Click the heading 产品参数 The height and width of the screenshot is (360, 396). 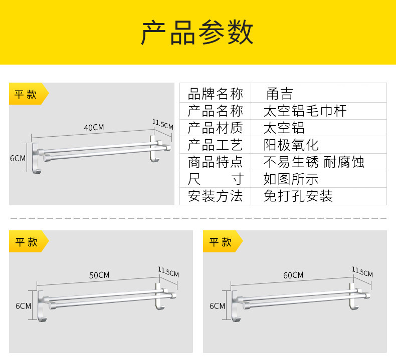pyautogui.click(x=197, y=33)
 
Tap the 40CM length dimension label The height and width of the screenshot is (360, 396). pyautogui.click(x=94, y=127)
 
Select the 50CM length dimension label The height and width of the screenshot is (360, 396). pyautogui.click(x=99, y=275)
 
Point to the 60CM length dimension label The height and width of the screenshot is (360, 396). pyautogui.click(x=293, y=275)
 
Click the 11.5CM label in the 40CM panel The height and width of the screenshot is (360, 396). pyautogui.click(x=163, y=124)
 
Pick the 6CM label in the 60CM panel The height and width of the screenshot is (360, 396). pyautogui.click(x=217, y=305)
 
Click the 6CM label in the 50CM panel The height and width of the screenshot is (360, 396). pyautogui.click(x=23, y=305)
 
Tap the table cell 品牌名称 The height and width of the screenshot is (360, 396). pyautogui.click(x=215, y=94)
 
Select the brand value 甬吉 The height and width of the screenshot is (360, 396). pyautogui.click(x=279, y=94)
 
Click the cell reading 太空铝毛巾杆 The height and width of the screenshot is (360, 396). pyautogui.click(x=305, y=111)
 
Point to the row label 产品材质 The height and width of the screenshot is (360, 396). pyautogui.click(x=215, y=128)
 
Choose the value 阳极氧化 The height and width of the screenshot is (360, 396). pyautogui.click(x=291, y=145)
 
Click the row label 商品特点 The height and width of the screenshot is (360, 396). pyautogui.click(x=215, y=162)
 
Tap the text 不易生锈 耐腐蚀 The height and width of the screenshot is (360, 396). pyautogui.click(x=314, y=162)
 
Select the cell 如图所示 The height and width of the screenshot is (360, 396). pyautogui.click(x=291, y=179)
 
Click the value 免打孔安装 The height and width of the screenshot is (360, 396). pyautogui.click(x=298, y=196)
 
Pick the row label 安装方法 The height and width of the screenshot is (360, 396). pyautogui.click(x=215, y=196)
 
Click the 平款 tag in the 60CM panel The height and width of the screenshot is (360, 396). pyautogui.click(x=221, y=242)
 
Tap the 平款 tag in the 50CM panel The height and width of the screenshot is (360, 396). pyautogui.click(x=27, y=242)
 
